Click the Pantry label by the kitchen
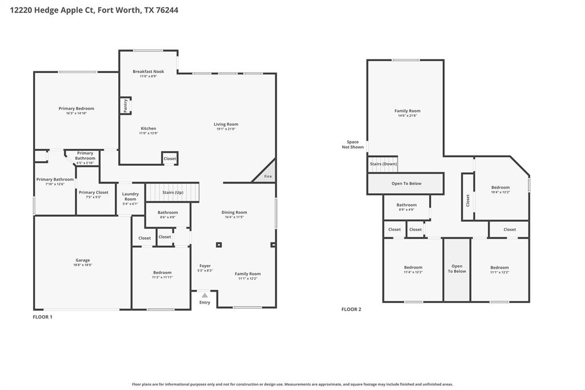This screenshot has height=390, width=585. (x=126, y=105)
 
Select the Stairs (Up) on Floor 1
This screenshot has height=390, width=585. (x=172, y=192)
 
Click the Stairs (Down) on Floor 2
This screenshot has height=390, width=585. (x=383, y=164)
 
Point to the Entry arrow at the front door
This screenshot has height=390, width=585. (x=205, y=296)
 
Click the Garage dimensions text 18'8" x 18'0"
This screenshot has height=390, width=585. (x=83, y=265)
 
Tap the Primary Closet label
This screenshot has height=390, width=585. (x=93, y=193)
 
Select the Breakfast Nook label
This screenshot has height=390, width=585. (x=148, y=71)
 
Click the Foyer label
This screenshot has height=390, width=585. (x=205, y=266)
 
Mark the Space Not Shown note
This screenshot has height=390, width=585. (x=352, y=144)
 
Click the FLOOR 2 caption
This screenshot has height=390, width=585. (x=351, y=309)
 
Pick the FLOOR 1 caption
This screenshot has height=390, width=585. (x=42, y=317)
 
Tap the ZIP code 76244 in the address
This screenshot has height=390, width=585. (x=166, y=10)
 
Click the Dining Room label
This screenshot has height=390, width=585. (x=234, y=212)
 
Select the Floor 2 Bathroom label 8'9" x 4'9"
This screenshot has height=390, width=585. (x=406, y=209)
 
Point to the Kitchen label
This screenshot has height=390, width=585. (x=148, y=129)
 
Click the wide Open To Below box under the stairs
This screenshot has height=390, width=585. (x=406, y=184)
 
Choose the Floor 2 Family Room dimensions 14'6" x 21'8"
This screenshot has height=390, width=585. (x=407, y=116)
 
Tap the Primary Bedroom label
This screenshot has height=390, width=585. (x=76, y=109)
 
